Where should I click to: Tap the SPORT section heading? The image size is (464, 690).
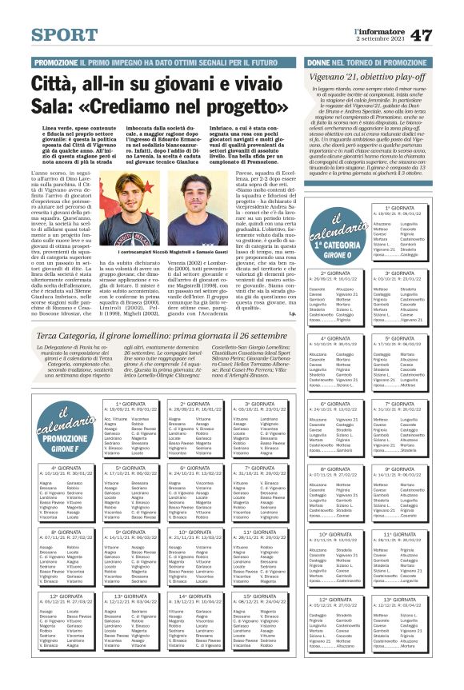pyautogui.click(x=66, y=36)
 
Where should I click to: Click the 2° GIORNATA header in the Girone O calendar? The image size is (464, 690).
pyautogui.click(x=330, y=273)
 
